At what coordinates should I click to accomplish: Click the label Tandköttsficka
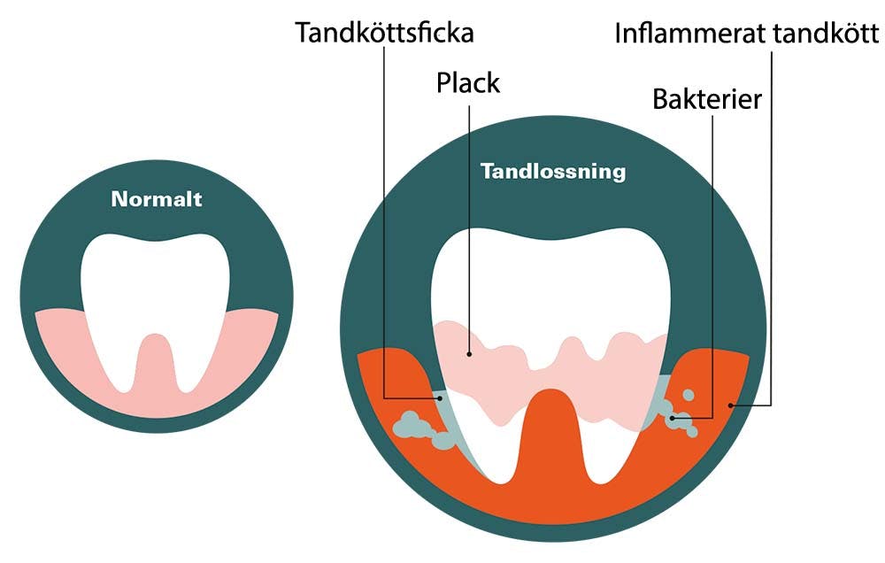[x=384, y=34]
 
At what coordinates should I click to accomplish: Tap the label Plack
[x=467, y=83]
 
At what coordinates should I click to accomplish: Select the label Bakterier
[x=706, y=98]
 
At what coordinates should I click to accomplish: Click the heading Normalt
[x=157, y=199]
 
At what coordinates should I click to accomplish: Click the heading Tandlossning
[x=552, y=171]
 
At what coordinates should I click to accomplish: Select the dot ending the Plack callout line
[x=470, y=354]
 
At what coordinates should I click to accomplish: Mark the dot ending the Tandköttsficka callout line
[x=440, y=398]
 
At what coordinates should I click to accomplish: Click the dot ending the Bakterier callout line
[x=674, y=416]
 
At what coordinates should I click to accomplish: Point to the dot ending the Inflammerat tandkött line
[x=731, y=405]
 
